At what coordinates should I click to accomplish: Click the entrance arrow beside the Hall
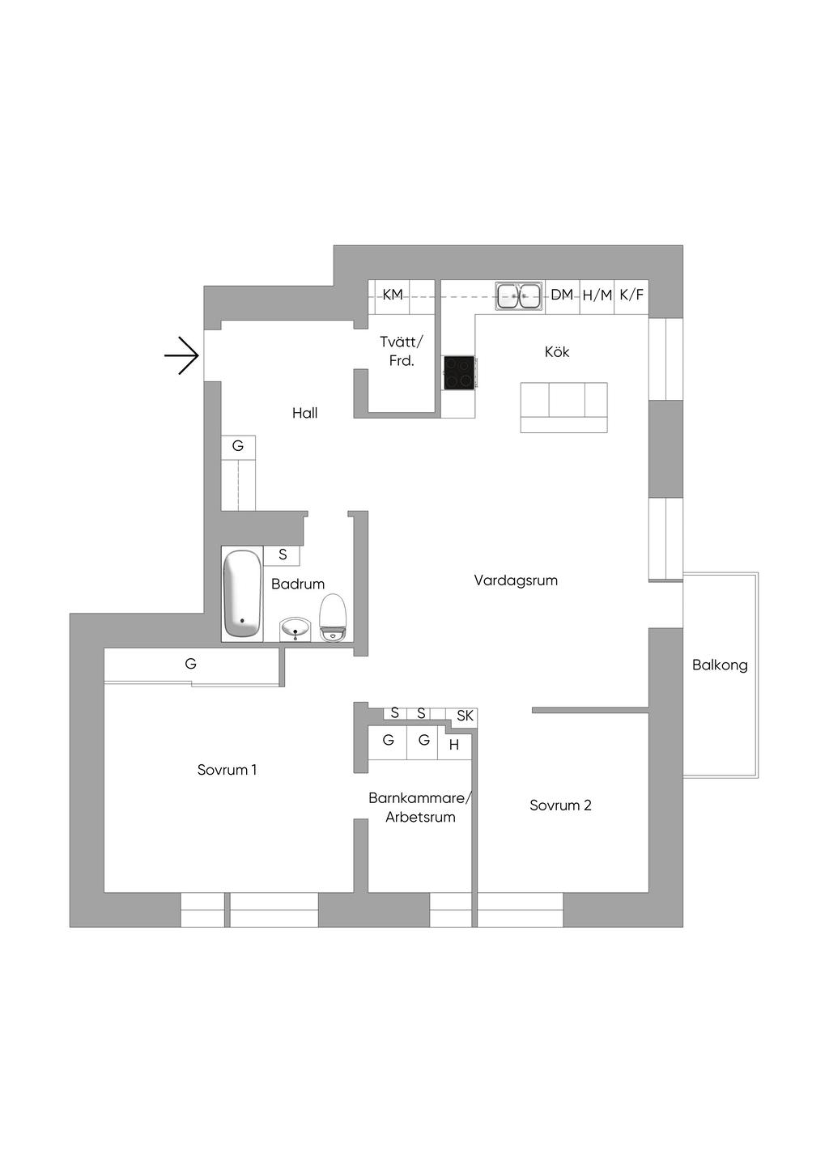point(182,355)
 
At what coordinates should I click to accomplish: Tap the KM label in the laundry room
point(393,295)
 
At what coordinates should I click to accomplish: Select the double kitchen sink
point(519,295)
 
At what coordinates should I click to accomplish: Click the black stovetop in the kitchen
point(459,373)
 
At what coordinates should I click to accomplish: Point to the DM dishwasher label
point(562,295)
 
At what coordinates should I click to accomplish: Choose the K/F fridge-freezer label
point(631,295)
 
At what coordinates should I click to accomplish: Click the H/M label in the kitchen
point(597,295)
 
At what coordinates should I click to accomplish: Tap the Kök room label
point(557,352)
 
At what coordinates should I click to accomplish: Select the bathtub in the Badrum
point(242,593)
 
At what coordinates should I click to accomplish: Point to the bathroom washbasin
point(295,628)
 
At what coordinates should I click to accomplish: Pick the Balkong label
point(720,665)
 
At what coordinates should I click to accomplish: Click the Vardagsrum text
point(516,580)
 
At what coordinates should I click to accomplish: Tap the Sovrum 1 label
point(227,770)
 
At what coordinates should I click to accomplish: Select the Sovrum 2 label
point(560,805)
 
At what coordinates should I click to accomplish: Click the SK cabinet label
point(465,716)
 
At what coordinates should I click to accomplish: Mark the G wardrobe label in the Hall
point(238,446)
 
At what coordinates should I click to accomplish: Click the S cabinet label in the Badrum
point(283,555)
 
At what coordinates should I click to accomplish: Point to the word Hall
point(305,414)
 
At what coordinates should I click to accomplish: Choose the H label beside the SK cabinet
point(454,745)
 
